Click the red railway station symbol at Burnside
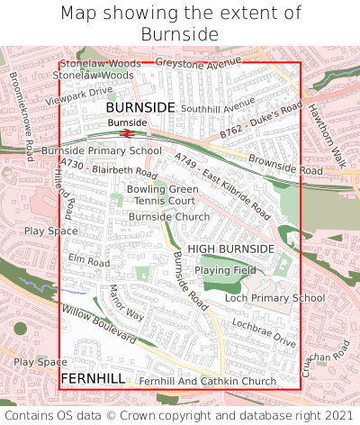(x=128, y=133)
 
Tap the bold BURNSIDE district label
(x=140, y=107)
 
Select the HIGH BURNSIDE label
(x=230, y=249)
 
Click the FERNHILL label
(x=93, y=378)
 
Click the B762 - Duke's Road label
(x=261, y=122)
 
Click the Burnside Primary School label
(x=101, y=150)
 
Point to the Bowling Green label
(x=162, y=189)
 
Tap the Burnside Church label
(x=169, y=217)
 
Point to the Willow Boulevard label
(x=99, y=324)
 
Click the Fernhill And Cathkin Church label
(x=208, y=382)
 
